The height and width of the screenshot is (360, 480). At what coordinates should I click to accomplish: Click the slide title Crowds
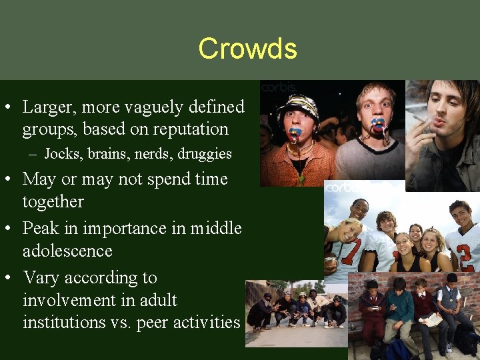pos(247,49)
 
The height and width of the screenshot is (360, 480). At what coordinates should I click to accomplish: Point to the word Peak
pos(43,228)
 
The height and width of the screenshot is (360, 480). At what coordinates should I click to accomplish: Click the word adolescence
pos(67,251)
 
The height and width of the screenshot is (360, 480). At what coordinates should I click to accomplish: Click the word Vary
pos(42,277)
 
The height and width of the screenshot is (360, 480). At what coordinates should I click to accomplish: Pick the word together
pos(53,202)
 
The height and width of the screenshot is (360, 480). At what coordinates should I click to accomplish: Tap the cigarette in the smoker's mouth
pos(419,119)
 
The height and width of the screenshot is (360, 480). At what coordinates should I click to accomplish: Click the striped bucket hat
pos(297,107)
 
